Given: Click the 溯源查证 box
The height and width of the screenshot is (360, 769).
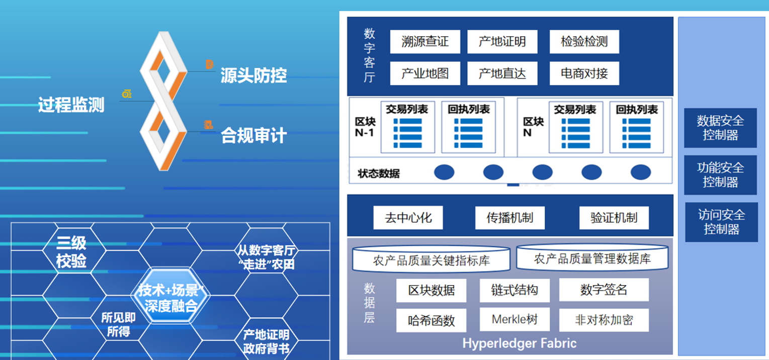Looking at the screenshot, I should pos(425,42).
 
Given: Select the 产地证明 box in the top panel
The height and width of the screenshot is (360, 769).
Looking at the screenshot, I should pos(502,42).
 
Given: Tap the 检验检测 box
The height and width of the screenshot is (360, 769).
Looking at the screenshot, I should pos(584,42).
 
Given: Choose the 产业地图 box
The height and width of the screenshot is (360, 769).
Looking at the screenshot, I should pos(425,73).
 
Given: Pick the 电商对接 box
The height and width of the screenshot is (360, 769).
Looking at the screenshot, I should pos(584,73).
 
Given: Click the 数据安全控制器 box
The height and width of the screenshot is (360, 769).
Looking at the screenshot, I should pos(720,128).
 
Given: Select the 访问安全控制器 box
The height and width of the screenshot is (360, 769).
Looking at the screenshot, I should pos(721,222).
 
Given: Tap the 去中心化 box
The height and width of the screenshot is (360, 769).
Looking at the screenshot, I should pos(408,218).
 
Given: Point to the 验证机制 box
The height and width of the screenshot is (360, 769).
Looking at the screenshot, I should pos(614,218).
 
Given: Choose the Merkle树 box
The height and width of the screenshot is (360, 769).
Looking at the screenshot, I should pos(514,319).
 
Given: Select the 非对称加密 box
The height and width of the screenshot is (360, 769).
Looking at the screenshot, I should pos(604,320).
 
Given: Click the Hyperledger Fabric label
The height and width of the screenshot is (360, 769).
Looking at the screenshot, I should pos(519,344).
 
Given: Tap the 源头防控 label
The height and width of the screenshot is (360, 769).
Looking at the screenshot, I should pos(253,75).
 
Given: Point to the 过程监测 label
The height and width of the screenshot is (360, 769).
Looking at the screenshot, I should pos(71,105).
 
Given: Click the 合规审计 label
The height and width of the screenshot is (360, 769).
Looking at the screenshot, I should pos(253,136).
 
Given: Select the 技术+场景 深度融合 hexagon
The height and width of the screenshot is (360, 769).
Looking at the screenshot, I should pos(170,298).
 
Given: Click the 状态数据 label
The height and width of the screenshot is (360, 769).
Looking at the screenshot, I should pos(379,174).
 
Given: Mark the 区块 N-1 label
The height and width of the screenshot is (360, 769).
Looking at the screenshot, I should pos(365,128).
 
